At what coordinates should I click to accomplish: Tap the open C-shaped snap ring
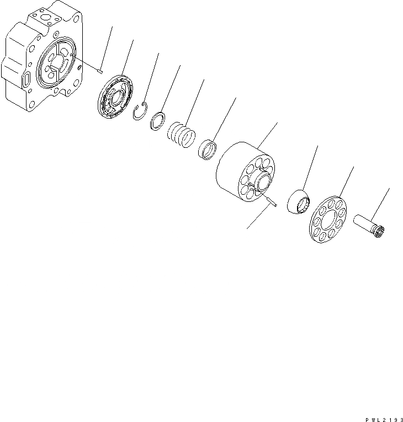tap(141, 111)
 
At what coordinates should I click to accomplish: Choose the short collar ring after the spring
tap(207, 149)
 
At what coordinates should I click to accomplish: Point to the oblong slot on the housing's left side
tap(26, 79)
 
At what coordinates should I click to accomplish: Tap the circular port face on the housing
tap(56, 61)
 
